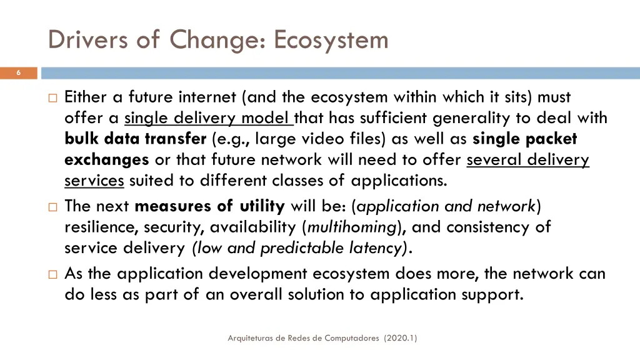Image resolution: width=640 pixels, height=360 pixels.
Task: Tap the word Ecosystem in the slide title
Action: (x=331, y=40)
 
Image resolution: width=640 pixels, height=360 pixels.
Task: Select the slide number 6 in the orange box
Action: (x=18, y=73)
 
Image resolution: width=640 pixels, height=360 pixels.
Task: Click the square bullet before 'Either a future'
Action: (x=52, y=97)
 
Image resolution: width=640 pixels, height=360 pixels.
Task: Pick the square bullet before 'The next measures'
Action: (x=52, y=206)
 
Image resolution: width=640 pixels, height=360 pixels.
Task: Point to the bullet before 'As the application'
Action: (x=52, y=274)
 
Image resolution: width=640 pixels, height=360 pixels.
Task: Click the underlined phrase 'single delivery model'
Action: (x=208, y=117)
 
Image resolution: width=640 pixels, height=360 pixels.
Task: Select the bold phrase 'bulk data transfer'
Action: (x=135, y=139)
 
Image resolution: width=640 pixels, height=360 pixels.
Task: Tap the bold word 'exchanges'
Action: (x=106, y=160)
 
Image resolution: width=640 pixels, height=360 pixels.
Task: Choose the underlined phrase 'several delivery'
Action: (x=527, y=160)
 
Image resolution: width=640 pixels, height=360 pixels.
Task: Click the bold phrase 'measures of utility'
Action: (x=209, y=206)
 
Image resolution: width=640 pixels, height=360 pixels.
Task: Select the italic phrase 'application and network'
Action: (x=447, y=206)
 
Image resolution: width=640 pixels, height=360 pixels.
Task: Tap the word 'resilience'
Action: (x=102, y=227)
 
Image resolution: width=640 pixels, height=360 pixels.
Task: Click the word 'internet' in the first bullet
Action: (x=207, y=97)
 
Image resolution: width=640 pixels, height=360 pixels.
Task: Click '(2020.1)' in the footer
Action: (x=401, y=338)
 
